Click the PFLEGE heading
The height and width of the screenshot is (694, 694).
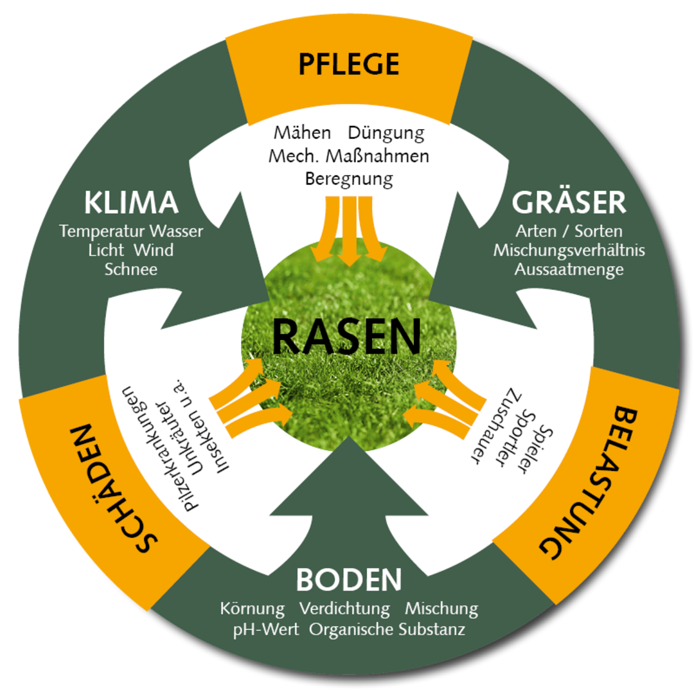(349, 65)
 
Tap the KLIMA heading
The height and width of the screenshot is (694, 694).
(131, 203)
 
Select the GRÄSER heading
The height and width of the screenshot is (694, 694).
(569, 203)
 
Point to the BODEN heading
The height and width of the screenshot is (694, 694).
(349, 580)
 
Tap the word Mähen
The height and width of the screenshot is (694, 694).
(302, 133)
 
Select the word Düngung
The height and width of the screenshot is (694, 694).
(386, 134)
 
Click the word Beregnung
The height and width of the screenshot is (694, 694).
(349, 178)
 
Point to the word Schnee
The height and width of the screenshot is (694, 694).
(131, 269)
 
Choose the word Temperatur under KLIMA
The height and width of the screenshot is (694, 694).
(102, 231)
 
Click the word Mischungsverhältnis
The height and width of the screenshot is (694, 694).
(569, 250)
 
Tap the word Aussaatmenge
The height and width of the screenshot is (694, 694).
(569, 269)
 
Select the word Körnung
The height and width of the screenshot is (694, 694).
(252, 608)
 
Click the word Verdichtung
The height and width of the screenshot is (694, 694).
(344, 608)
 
